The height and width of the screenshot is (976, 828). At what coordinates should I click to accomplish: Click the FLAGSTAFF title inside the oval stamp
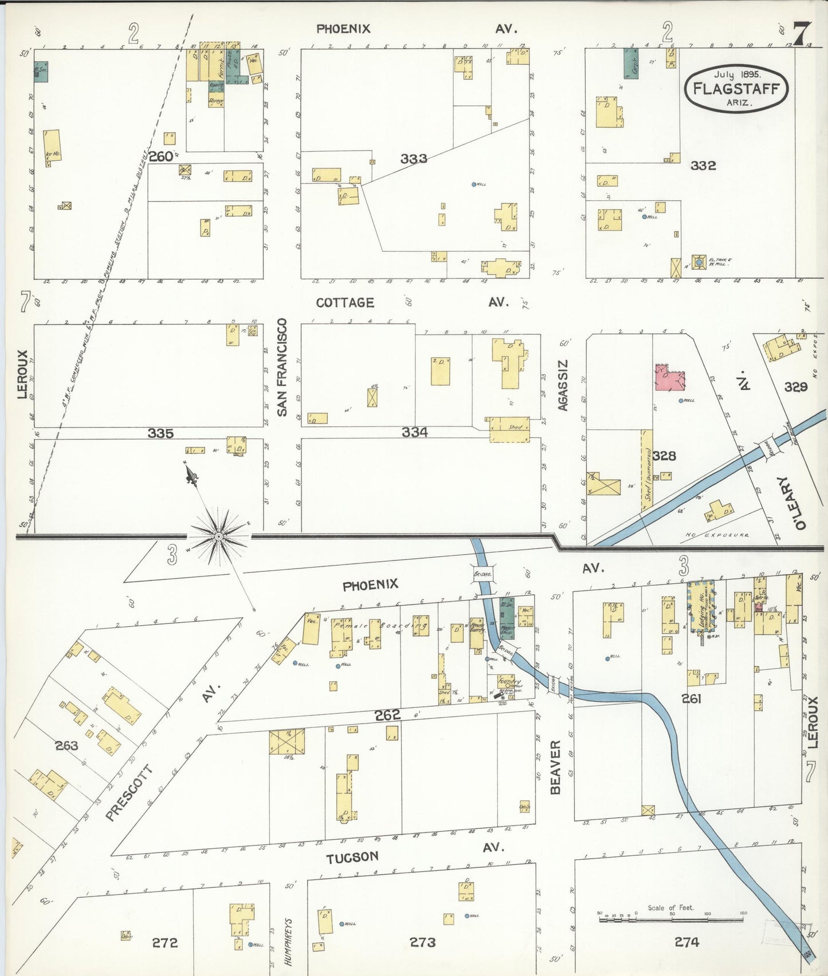(736, 89)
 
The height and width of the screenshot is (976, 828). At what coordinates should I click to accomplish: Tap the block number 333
(414, 159)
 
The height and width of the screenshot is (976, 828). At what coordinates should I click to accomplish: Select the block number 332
(703, 165)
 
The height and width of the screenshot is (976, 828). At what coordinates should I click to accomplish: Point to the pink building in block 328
(669, 377)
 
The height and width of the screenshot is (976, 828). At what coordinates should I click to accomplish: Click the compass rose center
(218, 536)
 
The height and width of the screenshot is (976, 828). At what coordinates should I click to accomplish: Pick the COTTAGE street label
(345, 302)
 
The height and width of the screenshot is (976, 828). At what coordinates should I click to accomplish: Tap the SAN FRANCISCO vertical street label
(282, 367)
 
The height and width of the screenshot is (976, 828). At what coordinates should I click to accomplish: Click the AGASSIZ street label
(563, 385)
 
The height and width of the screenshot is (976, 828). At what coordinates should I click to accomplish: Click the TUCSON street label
(352, 858)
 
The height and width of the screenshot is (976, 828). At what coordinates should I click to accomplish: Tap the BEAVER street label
(555, 767)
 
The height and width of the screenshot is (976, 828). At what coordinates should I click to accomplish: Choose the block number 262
(387, 715)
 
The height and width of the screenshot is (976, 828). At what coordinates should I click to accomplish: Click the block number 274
(686, 942)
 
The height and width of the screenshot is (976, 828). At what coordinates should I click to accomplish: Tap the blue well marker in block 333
(474, 184)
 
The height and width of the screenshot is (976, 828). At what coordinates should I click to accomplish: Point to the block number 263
(66, 745)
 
